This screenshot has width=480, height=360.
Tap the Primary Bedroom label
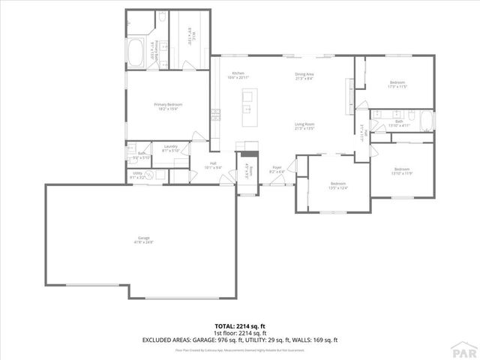pyautogui.click(x=168, y=106)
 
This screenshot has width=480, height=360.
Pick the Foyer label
pyautogui.click(x=277, y=169)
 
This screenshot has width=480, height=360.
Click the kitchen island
pyautogui.click(x=247, y=103)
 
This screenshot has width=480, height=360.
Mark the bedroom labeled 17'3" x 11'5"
pyautogui.click(x=397, y=84)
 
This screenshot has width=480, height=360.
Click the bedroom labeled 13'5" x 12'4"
pyautogui.click(x=338, y=185)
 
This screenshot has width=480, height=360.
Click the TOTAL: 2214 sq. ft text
pyautogui.click(x=240, y=326)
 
